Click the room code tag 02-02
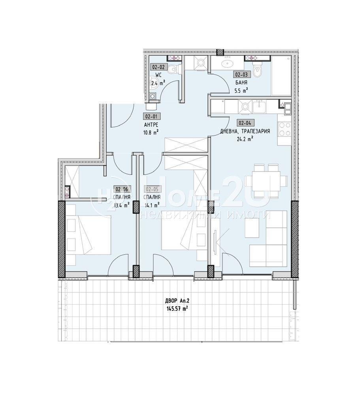[x=158, y=67]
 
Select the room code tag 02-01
[x=151, y=117]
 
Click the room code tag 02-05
[x=152, y=189]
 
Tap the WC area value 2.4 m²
[x=158, y=83]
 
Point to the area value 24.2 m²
[x=245, y=139]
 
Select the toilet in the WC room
[x=172, y=70]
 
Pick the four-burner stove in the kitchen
[x=285, y=129]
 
